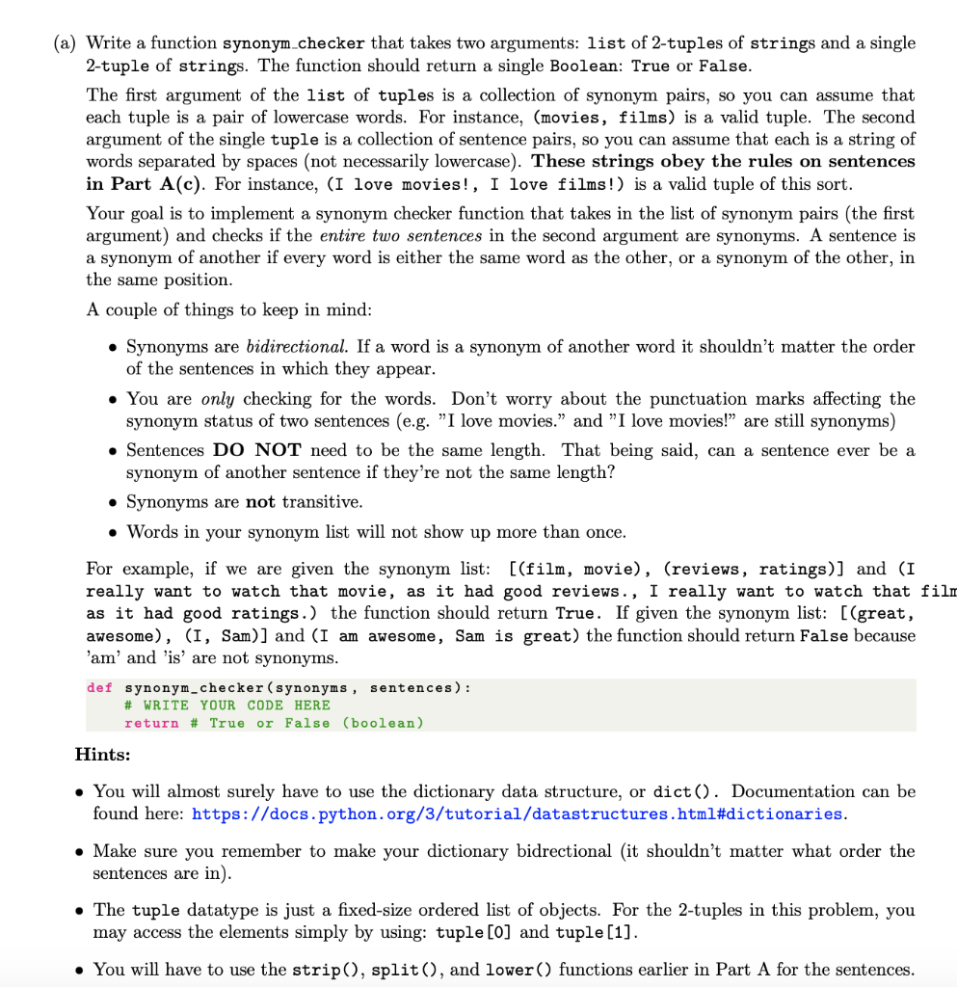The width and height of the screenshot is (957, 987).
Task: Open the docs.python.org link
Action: tap(518, 814)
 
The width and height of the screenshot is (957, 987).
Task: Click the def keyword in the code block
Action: tap(99, 688)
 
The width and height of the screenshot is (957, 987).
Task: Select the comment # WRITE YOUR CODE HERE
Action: tap(227, 706)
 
